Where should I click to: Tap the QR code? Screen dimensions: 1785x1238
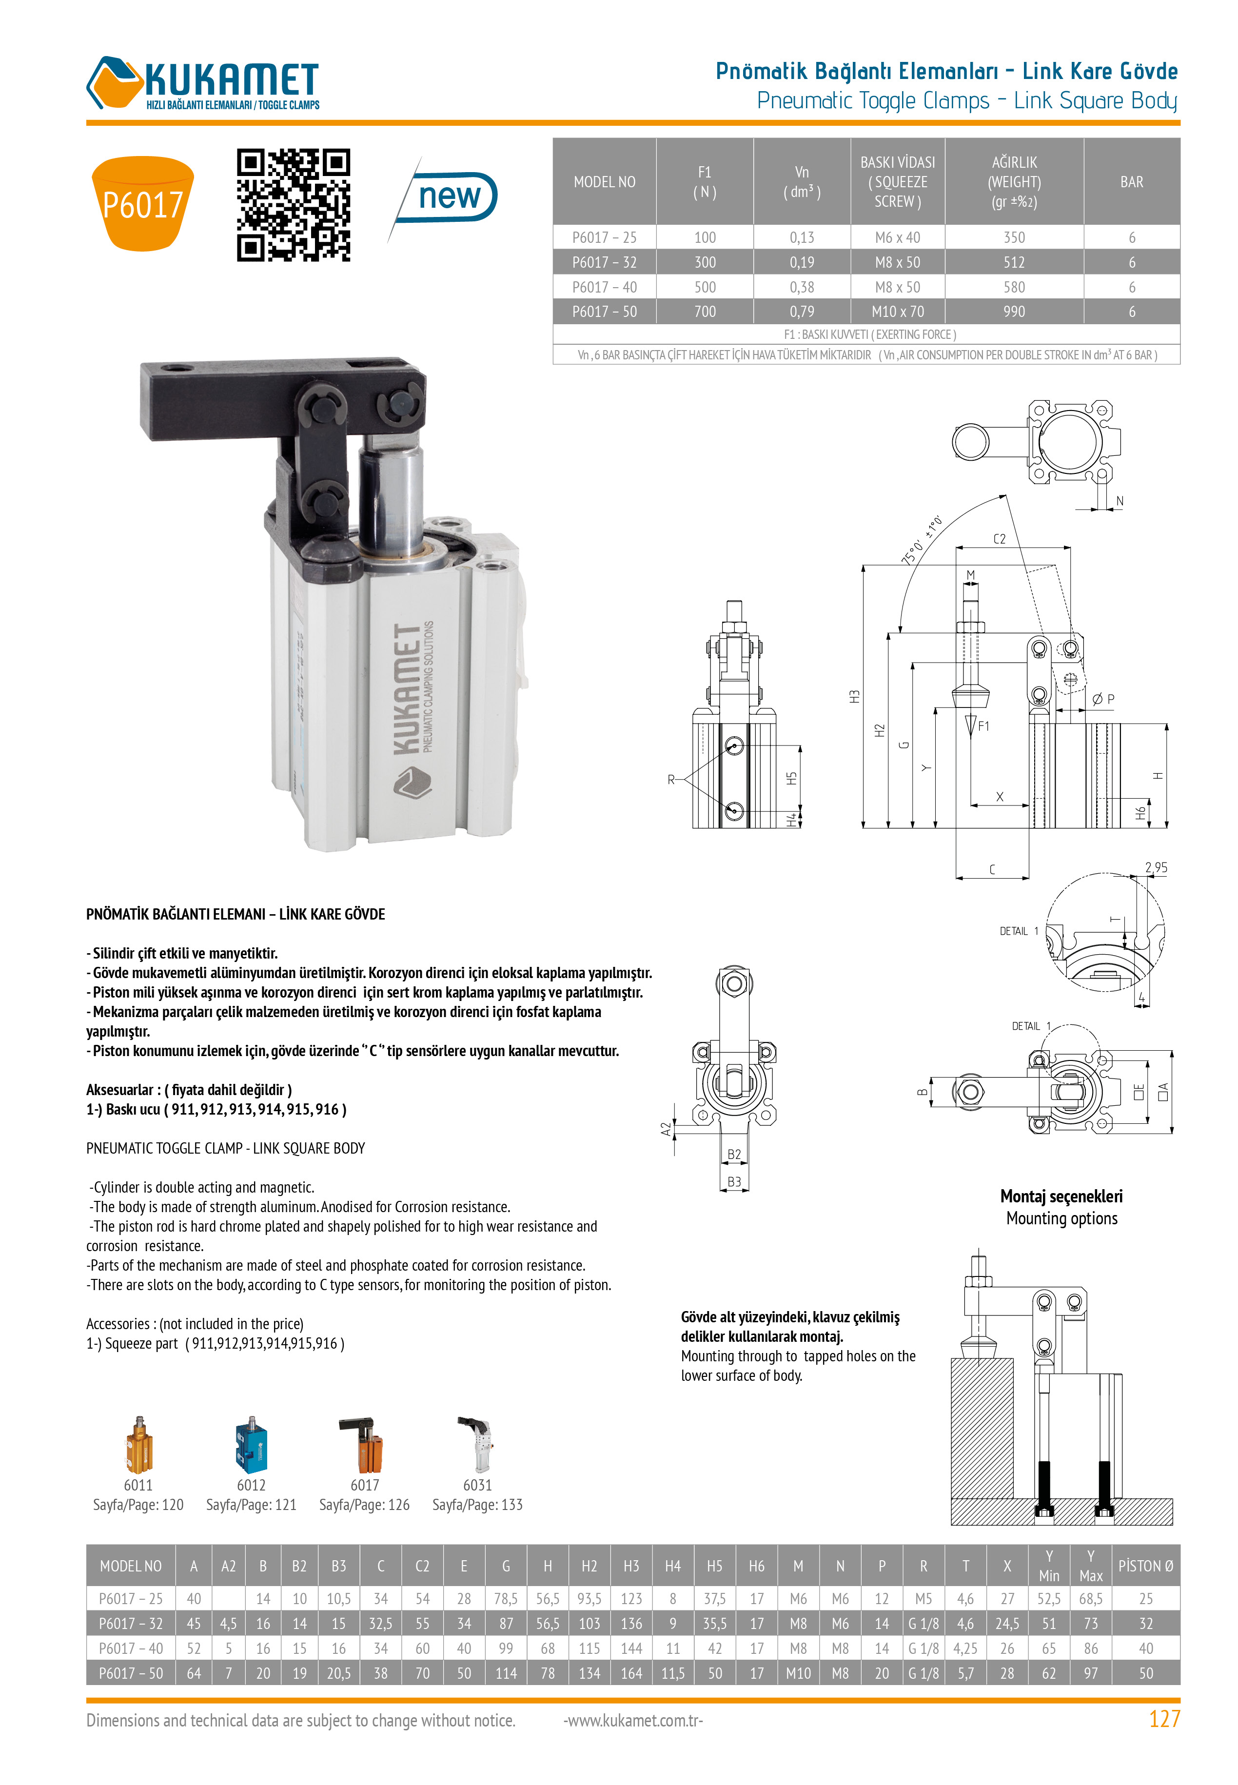(x=293, y=205)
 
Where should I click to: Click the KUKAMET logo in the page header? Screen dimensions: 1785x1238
(x=203, y=83)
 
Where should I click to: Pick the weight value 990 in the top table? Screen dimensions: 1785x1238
(x=1013, y=312)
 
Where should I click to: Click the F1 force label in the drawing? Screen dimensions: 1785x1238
(x=983, y=726)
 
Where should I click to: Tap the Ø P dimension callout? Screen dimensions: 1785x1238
(x=1103, y=700)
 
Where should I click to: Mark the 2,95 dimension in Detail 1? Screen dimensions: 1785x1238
(x=1155, y=868)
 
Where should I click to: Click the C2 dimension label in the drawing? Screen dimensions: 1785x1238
(x=999, y=539)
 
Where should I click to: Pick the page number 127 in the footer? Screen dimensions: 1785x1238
(x=1163, y=1719)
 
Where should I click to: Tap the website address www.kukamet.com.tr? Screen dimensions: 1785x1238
(x=633, y=1721)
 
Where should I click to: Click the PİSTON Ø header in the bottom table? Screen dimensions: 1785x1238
(x=1145, y=1567)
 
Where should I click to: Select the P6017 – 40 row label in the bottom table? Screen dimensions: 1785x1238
(x=130, y=1648)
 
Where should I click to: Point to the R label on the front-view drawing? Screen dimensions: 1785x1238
(x=671, y=779)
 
